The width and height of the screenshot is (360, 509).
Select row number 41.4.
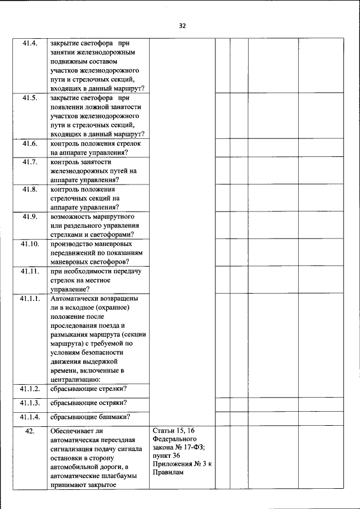click(30, 43)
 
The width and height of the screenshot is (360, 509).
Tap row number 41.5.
click(30, 98)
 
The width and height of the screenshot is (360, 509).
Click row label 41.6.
click(30, 143)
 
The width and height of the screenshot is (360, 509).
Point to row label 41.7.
click(30, 162)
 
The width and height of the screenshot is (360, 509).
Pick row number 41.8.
click(30, 190)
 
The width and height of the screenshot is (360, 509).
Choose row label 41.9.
click(30, 217)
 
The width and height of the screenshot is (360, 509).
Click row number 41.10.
click(30, 244)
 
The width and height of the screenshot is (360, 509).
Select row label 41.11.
click(30, 271)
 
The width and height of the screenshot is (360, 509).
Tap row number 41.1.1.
click(30, 299)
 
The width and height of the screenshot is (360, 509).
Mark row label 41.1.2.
click(30, 389)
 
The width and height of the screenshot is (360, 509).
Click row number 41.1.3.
click(30, 403)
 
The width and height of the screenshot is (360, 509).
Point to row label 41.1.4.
click(30, 417)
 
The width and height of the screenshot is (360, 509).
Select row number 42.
click(30, 431)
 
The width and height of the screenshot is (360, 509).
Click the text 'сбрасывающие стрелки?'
click(88, 389)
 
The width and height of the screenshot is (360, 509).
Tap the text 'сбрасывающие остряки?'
click(88, 403)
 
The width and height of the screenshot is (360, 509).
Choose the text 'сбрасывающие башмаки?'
click(90, 417)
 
